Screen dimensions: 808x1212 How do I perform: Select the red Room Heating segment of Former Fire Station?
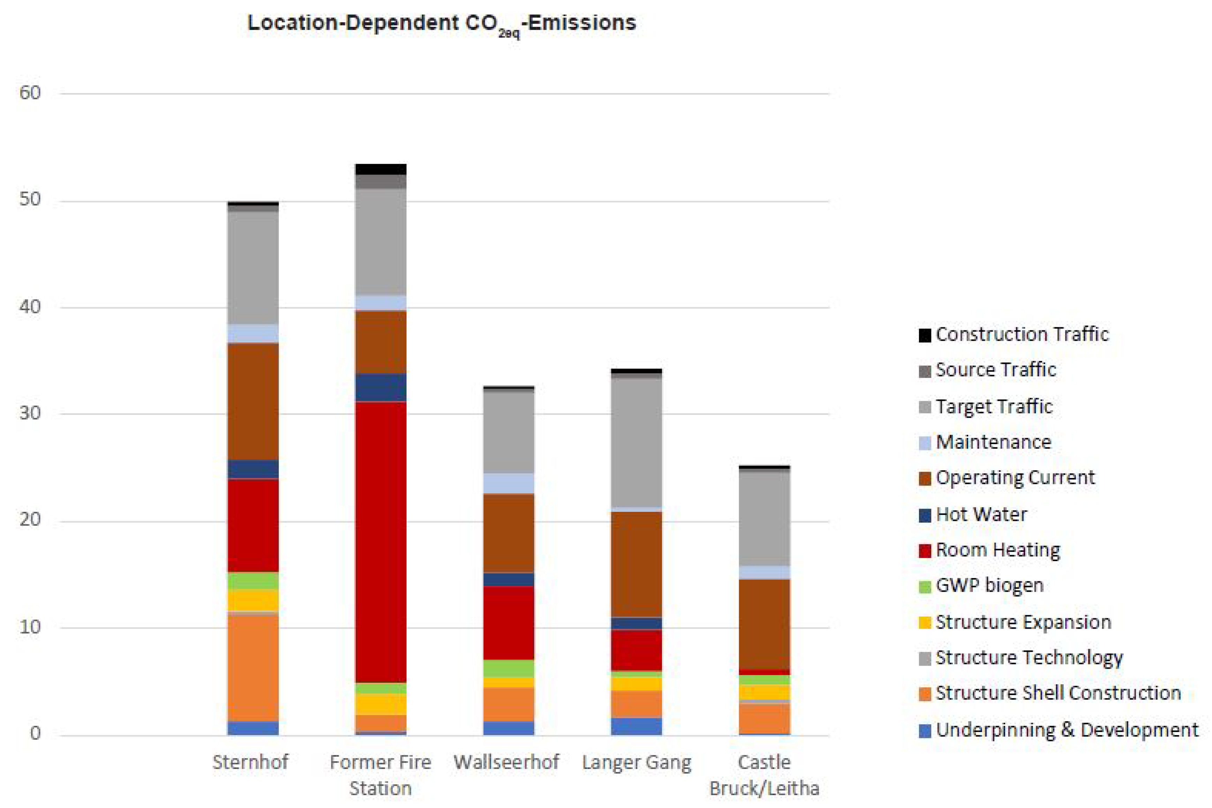point(381,541)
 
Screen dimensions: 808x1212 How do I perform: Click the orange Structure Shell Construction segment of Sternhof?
point(253,668)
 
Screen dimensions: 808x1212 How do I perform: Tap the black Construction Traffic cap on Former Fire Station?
point(381,169)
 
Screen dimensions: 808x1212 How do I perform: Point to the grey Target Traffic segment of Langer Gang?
point(636,443)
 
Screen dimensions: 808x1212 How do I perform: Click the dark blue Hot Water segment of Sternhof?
point(253,469)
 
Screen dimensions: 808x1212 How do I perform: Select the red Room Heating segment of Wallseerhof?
point(509,622)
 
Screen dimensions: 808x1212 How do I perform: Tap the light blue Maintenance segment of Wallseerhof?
point(509,483)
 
